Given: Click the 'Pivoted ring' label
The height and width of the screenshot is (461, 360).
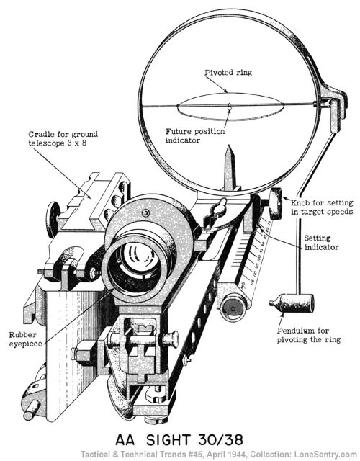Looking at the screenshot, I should (x=221, y=73).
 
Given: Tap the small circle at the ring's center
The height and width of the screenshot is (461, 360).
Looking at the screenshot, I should (x=229, y=109).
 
